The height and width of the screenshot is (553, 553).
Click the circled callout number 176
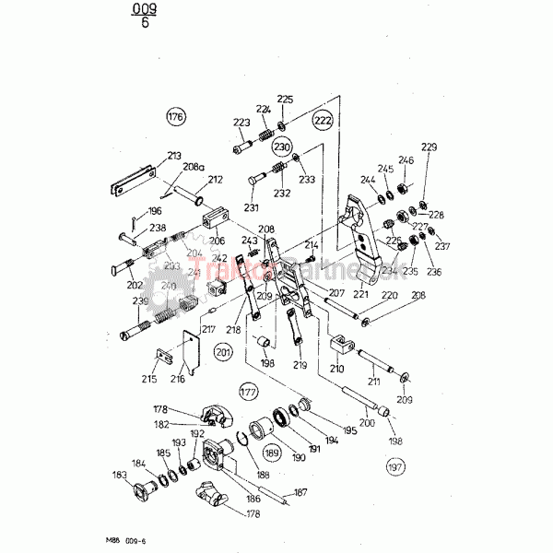tap(175, 117)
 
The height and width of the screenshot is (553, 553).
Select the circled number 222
tap(322, 121)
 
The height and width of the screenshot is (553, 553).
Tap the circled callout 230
tap(281, 147)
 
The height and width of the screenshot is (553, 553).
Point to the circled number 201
tap(224, 350)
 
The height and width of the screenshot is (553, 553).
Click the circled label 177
tap(248, 391)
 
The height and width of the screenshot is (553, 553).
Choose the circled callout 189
tap(271, 453)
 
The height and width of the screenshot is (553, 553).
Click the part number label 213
tap(174, 156)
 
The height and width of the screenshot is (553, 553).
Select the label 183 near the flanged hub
tap(121, 475)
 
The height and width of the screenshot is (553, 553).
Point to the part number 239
tap(140, 301)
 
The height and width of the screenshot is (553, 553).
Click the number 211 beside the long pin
tap(373, 380)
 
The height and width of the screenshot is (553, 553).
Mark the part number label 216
tap(179, 379)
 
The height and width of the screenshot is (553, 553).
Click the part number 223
tap(241, 123)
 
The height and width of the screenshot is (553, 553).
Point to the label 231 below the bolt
tap(251, 207)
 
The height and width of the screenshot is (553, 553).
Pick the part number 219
tap(299, 366)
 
